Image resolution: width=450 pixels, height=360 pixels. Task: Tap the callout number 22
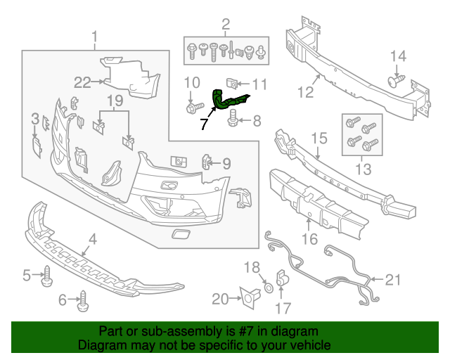pyautogui.click(x=82, y=82)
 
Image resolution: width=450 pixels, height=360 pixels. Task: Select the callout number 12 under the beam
pyautogui.click(x=304, y=91)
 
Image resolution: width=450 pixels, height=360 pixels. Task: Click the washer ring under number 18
pyautogui.click(x=269, y=288)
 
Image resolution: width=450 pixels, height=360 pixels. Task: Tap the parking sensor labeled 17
pyautogui.click(x=280, y=278)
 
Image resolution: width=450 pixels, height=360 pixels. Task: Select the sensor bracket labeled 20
pyautogui.click(x=247, y=299)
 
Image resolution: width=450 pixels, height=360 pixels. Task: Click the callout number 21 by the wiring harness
pyautogui.click(x=392, y=280)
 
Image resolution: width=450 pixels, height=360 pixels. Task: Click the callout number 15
pyautogui.click(x=319, y=139)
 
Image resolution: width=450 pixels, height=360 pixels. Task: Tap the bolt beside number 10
pyautogui.click(x=191, y=109)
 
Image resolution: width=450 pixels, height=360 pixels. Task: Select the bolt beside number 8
pyautogui.click(x=233, y=124)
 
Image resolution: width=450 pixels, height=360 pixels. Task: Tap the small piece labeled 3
pyautogui.click(x=37, y=145)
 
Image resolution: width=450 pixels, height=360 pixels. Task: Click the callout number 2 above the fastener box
pyautogui.click(x=226, y=27)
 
